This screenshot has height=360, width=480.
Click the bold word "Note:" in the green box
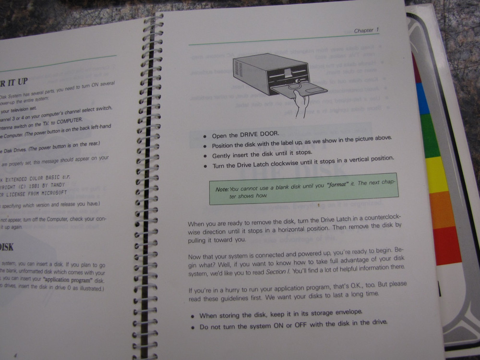point(222,189)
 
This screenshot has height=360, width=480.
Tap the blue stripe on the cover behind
point(422,98)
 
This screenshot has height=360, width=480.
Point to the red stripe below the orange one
point(447,245)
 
